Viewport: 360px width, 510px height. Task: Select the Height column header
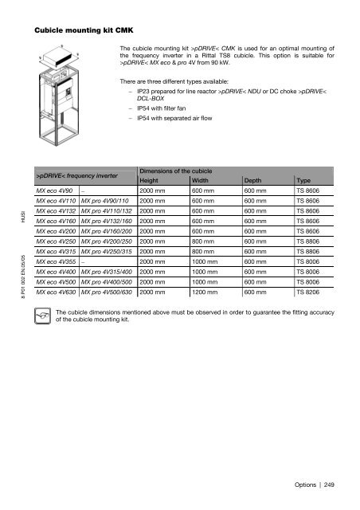pos(150,180)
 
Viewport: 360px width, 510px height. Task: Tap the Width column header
pos(202,180)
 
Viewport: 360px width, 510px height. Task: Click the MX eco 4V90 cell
pos(55,192)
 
